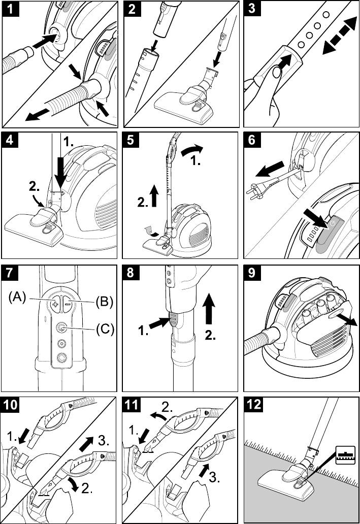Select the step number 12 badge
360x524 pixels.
[253, 404]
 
